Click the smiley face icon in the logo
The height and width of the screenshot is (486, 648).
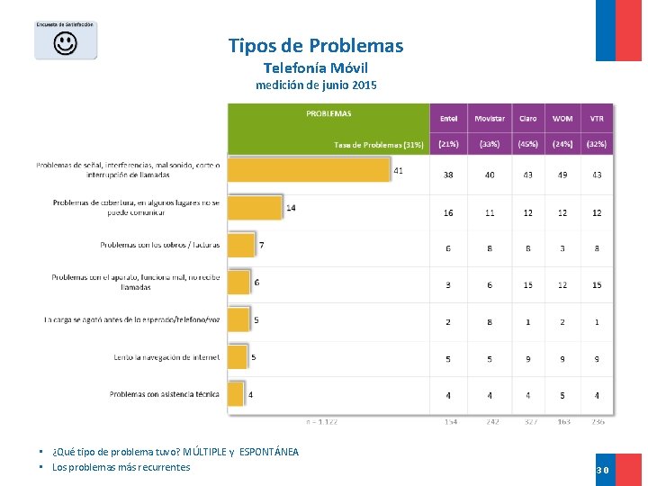tap(65, 43)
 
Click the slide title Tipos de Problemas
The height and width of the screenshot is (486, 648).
tap(316, 46)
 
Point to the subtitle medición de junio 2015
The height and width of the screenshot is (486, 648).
tap(316, 85)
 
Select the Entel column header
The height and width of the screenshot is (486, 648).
tap(448, 119)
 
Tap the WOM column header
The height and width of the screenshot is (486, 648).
tap(562, 119)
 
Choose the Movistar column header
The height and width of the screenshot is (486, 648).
tap(490, 119)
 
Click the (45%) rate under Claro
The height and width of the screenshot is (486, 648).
tap(527, 143)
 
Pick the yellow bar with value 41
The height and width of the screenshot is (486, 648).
tap(309, 170)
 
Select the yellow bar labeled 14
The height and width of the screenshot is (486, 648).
tap(255, 208)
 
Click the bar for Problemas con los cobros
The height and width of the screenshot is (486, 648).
tap(241, 245)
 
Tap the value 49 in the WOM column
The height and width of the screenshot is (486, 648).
tap(562, 175)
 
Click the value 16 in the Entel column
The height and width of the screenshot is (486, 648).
tap(448, 213)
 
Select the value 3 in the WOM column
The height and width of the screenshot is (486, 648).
tap(562, 248)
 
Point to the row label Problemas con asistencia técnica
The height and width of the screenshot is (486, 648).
tap(164, 394)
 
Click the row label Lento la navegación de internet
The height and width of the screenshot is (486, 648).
tap(166, 357)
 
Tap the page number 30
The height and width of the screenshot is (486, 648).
tap(602, 470)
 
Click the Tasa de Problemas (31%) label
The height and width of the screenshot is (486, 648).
tap(378, 144)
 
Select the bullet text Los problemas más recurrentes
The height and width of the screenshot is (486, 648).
tap(121, 467)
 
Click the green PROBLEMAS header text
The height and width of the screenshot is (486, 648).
tap(328, 113)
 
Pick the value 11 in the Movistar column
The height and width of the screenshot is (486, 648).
tap(490, 213)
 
